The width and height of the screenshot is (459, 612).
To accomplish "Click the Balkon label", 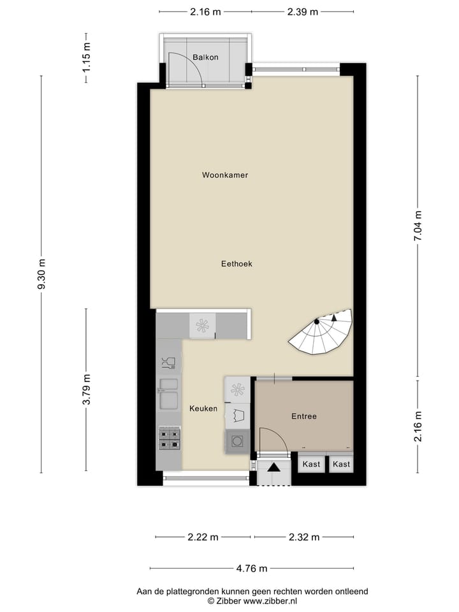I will pos(205,57).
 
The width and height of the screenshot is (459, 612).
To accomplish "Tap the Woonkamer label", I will pos(224,175).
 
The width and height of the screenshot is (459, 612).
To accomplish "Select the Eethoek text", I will pos(237,263).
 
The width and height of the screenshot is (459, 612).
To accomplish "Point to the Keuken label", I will pos(203,409).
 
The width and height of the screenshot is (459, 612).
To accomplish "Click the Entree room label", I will pos(304,416).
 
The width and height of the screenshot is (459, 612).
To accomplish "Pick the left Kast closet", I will pos(311,464).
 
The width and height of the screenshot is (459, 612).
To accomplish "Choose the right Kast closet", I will pos(342,464).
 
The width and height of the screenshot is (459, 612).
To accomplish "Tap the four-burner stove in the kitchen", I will pos(169,439).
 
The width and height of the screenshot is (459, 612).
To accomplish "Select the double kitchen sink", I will pos(169,393).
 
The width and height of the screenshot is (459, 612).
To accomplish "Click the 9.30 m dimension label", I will pos(42,275).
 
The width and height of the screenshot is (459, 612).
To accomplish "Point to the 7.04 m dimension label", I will pos(418,226).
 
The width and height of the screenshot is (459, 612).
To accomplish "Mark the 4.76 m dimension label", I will pos(252,569).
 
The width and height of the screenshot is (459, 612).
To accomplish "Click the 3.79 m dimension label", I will pos(87,390).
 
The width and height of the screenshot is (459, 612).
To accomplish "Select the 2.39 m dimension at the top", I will pos(302,11).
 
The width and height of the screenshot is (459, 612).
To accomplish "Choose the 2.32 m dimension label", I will pos(303,537).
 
